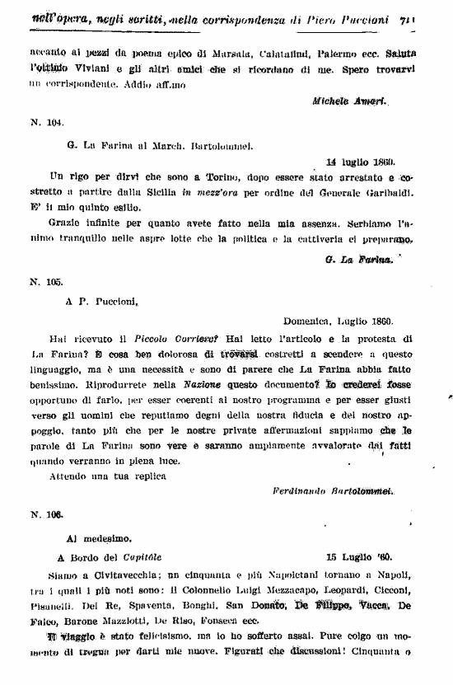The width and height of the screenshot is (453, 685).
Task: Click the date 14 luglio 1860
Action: click(x=360, y=162)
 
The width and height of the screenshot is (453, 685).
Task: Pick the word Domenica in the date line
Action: click(x=306, y=321)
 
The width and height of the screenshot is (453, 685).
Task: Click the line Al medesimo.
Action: click(x=95, y=535)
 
